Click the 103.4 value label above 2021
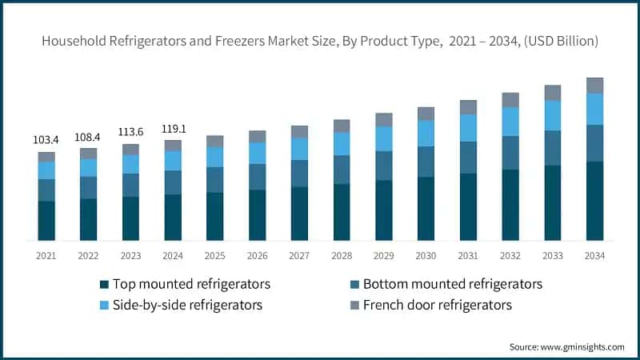click(x=46, y=140)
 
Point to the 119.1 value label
click(x=174, y=129)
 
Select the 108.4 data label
click(x=87, y=137)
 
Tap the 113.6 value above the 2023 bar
click(x=130, y=132)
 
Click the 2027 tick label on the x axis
click(x=299, y=256)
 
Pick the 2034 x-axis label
click(x=594, y=256)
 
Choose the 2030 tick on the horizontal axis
click(x=426, y=256)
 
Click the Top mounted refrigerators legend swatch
click(x=104, y=285)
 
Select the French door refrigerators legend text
click(x=438, y=305)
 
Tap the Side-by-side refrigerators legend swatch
click(x=104, y=305)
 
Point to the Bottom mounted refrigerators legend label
click(x=453, y=284)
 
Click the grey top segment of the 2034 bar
click(x=594, y=86)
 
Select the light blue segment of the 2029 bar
click(x=384, y=138)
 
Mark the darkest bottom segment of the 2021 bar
click(x=46, y=221)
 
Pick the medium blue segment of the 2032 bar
click(x=510, y=153)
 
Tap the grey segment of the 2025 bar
click(x=214, y=142)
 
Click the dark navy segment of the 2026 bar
click(x=257, y=215)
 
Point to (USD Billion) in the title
click(x=561, y=41)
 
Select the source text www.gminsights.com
click(x=582, y=347)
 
